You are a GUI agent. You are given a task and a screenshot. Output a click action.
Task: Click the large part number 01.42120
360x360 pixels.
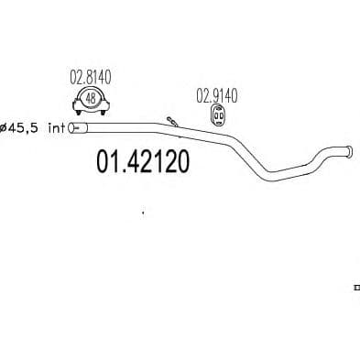(143, 162)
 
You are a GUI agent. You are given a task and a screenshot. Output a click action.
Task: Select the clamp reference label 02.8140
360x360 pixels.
(91, 77)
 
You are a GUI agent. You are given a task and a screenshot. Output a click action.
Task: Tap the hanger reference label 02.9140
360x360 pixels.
(216, 95)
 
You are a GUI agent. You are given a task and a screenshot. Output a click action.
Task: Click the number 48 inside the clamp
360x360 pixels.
(91, 98)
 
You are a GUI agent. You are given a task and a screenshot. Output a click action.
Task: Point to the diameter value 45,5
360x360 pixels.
(23, 128)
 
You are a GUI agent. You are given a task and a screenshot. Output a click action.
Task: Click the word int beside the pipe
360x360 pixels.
(57, 127)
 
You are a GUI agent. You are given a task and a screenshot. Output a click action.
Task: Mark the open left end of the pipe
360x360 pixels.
(71, 128)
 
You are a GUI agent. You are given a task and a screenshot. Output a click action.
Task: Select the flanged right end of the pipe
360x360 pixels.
(349, 151)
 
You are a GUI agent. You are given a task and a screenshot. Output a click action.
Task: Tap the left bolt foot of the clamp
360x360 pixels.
(79, 113)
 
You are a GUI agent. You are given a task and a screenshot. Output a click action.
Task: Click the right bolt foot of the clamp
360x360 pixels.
(104, 113)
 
